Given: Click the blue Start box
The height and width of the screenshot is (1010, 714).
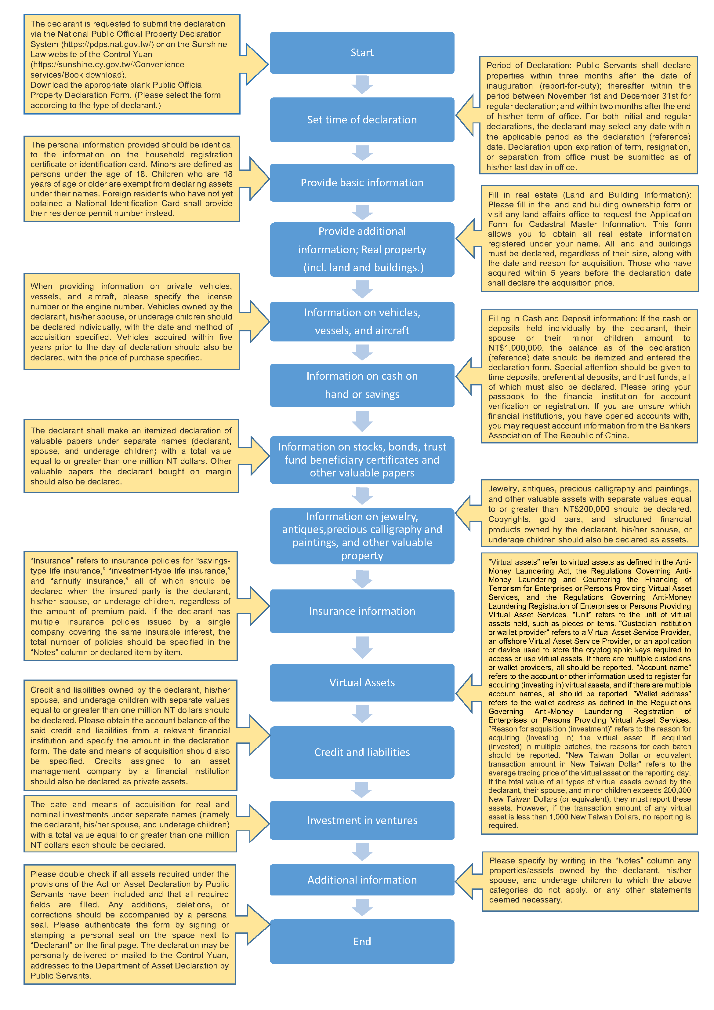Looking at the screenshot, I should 362,53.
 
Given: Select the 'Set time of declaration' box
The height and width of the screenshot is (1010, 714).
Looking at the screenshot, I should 362,120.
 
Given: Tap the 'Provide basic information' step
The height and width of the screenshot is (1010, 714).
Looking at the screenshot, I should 362,183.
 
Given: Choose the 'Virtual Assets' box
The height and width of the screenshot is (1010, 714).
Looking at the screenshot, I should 362,682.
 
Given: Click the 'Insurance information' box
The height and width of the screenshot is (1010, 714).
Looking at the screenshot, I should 362,611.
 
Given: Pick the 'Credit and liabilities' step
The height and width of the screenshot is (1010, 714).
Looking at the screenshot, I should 362,752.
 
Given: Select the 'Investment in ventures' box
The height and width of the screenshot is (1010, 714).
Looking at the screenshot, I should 362,820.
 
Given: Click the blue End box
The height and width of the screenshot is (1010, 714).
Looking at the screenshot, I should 362,941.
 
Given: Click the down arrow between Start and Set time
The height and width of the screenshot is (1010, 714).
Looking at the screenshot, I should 362,85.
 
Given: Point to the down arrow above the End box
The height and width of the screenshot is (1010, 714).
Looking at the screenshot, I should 362,907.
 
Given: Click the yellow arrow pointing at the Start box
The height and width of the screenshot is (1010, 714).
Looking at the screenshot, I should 255,64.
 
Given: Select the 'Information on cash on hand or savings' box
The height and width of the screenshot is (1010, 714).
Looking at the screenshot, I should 362,385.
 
